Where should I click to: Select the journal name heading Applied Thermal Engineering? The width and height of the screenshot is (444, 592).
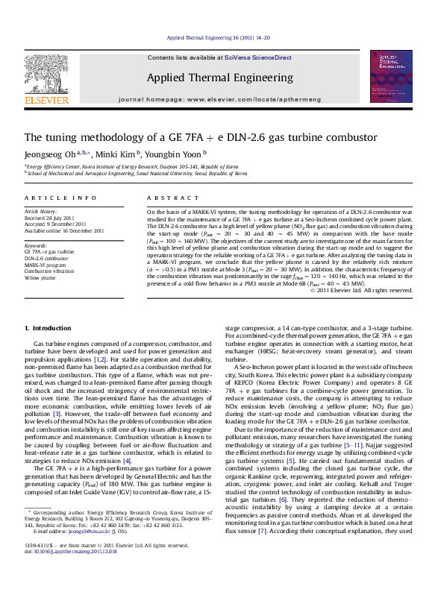pos(219,78)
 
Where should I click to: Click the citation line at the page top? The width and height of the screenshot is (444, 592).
pos(218,37)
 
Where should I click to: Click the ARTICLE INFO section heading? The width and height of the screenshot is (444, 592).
pos(60,198)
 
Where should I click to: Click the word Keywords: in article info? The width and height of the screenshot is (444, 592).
pos(36,245)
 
